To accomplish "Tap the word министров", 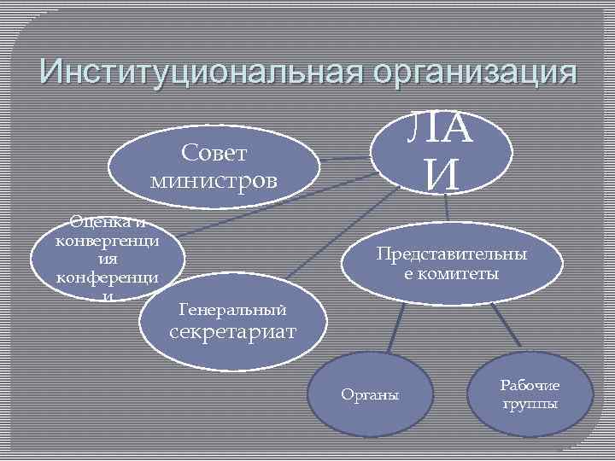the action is [x=214, y=180].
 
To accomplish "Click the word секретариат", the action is [x=234, y=330].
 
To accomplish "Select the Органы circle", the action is [x=368, y=394].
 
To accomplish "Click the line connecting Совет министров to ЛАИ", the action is [x=345, y=159].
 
